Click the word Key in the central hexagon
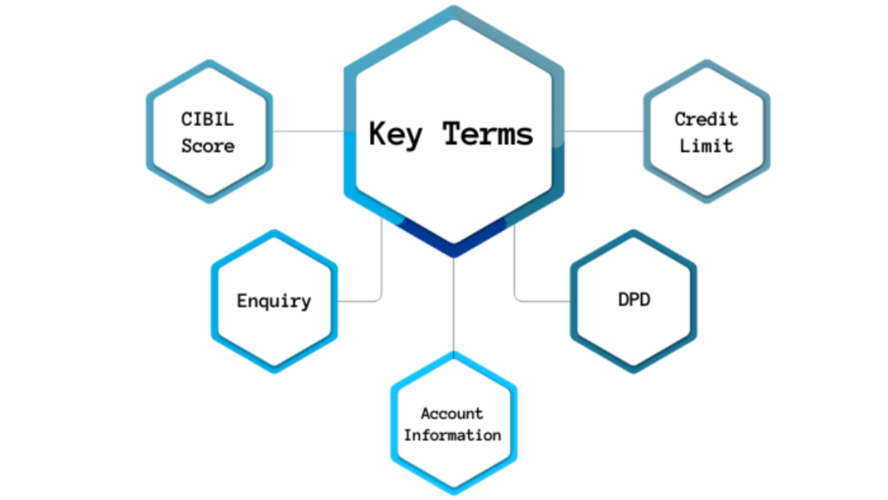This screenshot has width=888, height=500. (395, 135)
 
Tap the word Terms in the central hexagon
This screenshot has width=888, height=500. (487, 134)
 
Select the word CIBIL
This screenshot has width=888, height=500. (207, 119)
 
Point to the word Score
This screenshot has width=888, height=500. (208, 146)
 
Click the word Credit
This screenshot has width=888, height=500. (706, 119)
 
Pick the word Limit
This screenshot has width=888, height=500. (706, 146)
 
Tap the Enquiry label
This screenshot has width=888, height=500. (274, 301)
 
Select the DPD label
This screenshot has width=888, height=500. (634, 299)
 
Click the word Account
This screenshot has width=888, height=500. (452, 413)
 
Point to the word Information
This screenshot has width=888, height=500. (453, 435)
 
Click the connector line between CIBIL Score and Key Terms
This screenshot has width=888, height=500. (309, 132)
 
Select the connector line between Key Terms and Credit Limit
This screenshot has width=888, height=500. (604, 132)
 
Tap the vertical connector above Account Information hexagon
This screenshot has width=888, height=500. (454, 305)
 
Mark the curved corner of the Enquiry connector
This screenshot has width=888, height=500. (379, 299)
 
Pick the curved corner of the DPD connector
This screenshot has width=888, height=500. (517, 299)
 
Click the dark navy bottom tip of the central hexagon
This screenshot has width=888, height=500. (454, 252)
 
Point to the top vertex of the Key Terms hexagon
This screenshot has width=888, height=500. (454, 7)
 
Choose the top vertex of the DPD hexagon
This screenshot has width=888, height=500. (634, 231)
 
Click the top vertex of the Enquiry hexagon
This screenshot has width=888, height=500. (275, 231)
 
